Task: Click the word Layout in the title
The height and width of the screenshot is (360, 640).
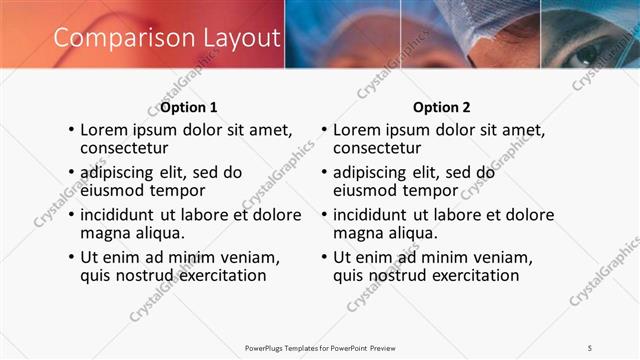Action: tap(234, 38)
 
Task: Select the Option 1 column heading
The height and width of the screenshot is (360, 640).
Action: tap(188, 107)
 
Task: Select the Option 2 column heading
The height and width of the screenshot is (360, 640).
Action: tap(441, 107)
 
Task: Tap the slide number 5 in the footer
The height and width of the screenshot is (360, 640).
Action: tap(589, 347)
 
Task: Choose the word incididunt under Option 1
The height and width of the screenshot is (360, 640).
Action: tap(121, 215)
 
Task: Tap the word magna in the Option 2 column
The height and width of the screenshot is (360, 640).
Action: tap(357, 233)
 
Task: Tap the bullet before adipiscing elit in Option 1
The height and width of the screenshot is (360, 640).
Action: tap(70, 172)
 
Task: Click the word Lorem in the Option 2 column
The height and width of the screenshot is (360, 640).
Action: tap(357, 129)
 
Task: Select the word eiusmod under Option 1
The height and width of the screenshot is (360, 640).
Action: tap(114, 190)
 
